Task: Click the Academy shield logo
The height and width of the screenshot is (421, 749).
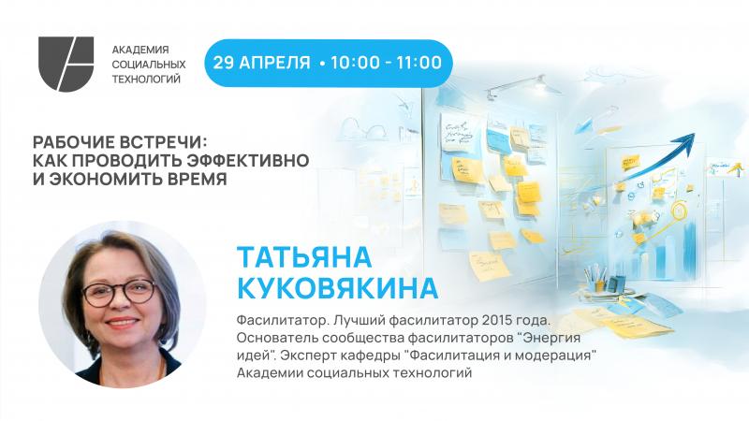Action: (x=66, y=64)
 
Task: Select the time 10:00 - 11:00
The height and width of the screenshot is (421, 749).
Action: (x=385, y=63)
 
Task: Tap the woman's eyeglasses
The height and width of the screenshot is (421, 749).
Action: (x=119, y=292)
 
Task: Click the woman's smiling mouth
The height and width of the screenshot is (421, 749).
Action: (x=122, y=323)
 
